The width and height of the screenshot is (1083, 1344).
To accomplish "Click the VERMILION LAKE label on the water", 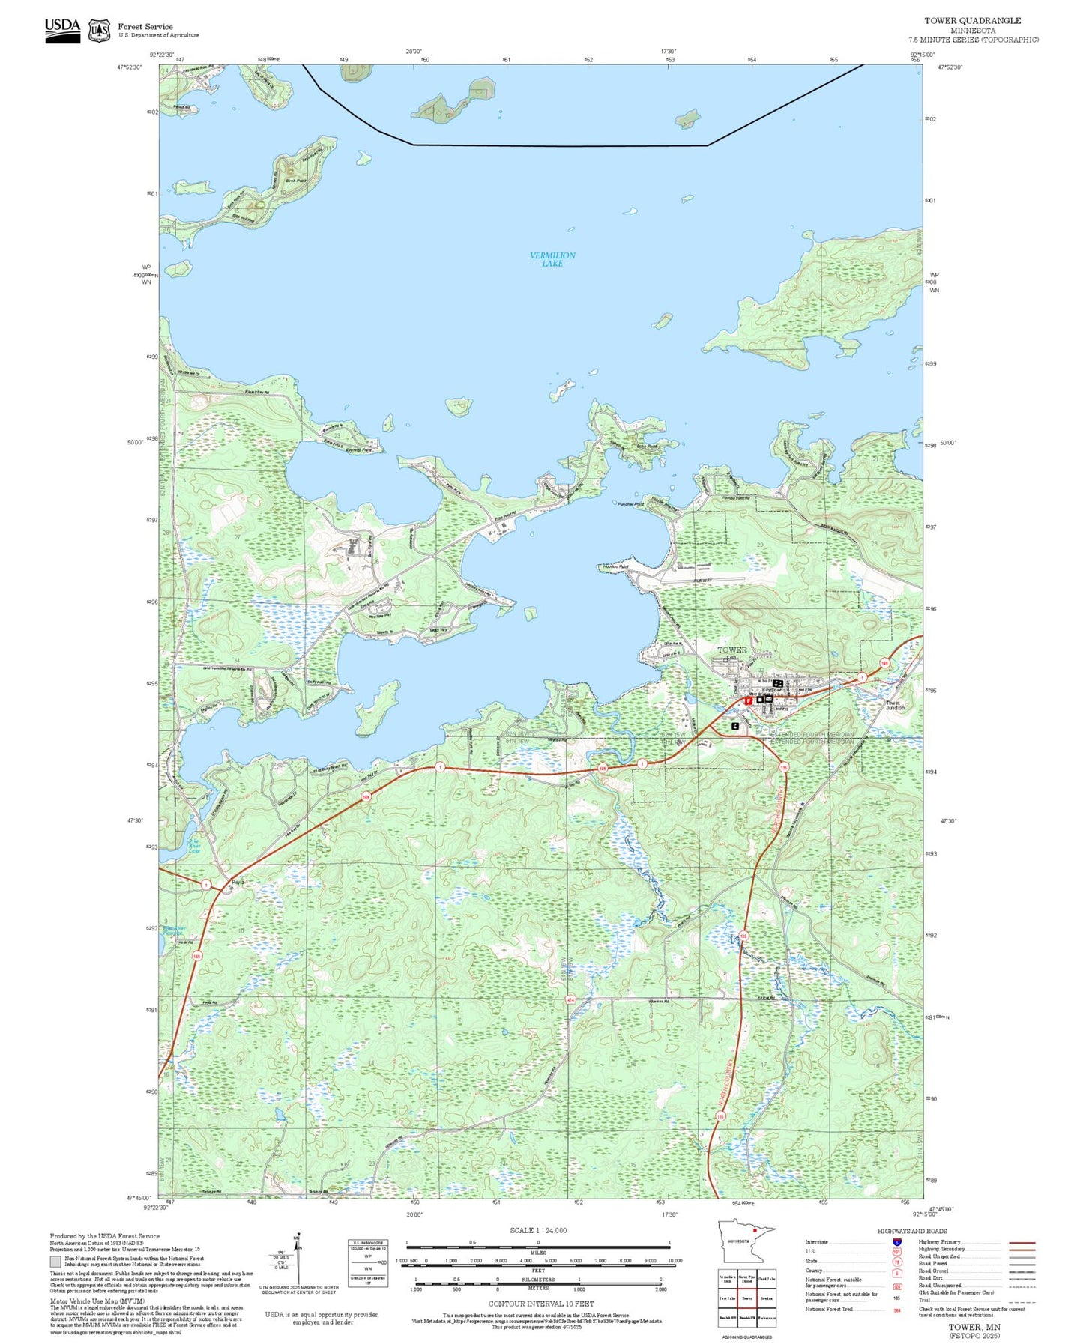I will pyautogui.click(x=552, y=259).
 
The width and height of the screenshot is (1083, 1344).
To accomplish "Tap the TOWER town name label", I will pyautogui.click(x=732, y=650).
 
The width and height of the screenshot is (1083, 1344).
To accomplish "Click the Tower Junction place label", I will pyautogui.click(x=896, y=705).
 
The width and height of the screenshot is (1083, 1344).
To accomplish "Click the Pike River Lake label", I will pyautogui.click(x=194, y=846).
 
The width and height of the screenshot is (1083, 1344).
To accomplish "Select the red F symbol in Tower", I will pyautogui.click(x=748, y=701).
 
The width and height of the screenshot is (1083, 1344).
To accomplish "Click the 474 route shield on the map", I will pyautogui.click(x=570, y=999).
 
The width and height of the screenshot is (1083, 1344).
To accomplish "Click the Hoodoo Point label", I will pyautogui.click(x=615, y=567).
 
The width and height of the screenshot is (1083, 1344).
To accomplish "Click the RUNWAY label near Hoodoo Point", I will pyautogui.click(x=702, y=580).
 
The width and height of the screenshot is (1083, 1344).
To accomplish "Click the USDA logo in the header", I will pyautogui.click(x=62, y=29).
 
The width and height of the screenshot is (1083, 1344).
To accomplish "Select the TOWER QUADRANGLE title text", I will pyautogui.click(x=972, y=21).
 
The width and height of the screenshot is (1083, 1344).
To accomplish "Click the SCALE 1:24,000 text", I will pyautogui.click(x=538, y=1230).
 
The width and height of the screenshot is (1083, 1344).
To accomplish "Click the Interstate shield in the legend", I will pyautogui.click(x=896, y=1242).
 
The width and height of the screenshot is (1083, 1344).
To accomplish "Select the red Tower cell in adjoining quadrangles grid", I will pyautogui.click(x=746, y=1298).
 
